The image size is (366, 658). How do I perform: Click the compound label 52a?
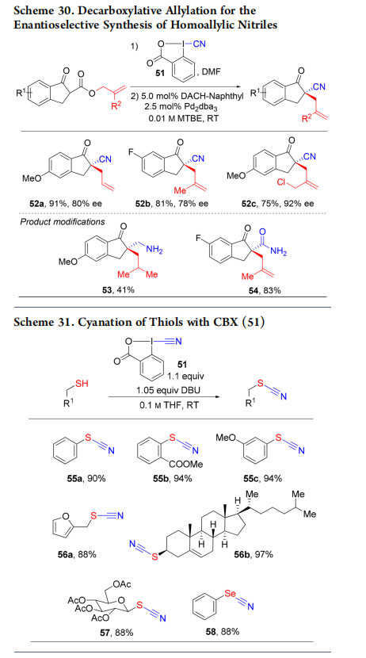pyautogui.click(x=31, y=204)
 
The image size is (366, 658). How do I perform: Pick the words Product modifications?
pyautogui.click(x=63, y=221)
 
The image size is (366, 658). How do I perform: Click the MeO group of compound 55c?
pyautogui.click(x=226, y=438)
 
